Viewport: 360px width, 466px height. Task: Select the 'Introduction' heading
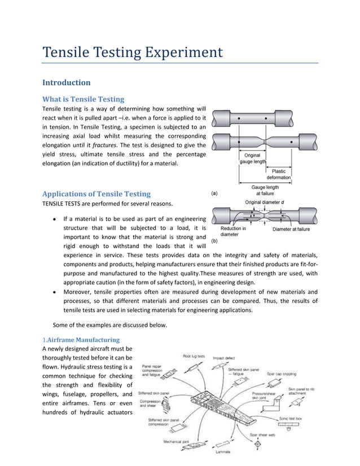coord(67,82)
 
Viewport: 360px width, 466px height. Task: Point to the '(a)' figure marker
coord(215,193)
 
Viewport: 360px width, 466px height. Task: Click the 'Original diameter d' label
coord(267,201)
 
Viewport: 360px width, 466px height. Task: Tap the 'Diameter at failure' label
coord(291,229)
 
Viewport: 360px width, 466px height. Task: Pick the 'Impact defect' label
coord(224,358)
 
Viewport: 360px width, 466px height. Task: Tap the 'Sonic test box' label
coord(291,419)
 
